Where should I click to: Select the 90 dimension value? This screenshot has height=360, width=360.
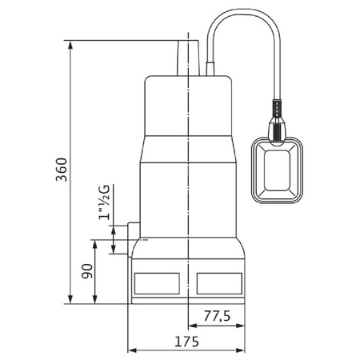click(x=90, y=271)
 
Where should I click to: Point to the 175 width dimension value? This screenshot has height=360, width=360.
click(x=186, y=340)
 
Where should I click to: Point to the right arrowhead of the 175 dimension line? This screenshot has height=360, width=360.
click(x=246, y=350)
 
